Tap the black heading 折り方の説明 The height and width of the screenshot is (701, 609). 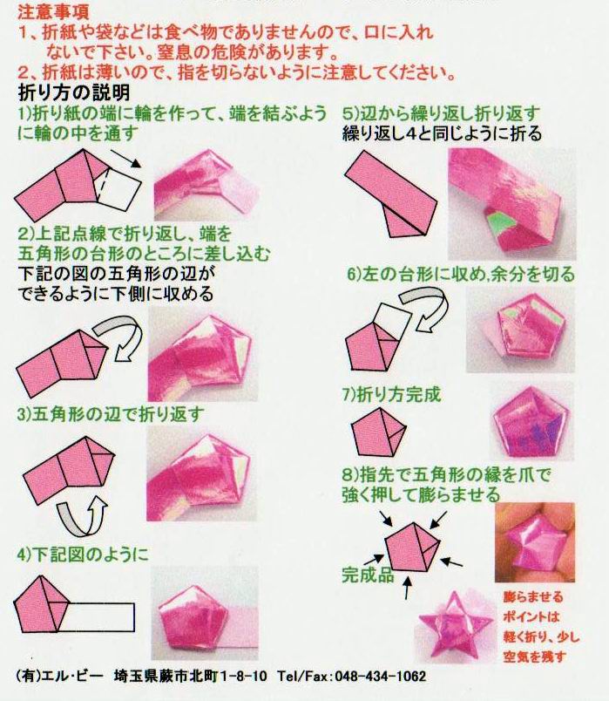click(74, 92)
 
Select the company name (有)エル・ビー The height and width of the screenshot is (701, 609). click(59, 676)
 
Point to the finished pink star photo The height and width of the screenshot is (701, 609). click(455, 626)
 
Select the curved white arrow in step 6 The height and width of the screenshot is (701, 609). click(424, 309)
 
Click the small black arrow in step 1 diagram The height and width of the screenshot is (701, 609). click(125, 159)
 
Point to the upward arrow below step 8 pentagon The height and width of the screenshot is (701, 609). click(407, 587)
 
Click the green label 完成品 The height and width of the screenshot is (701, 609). click(368, 575)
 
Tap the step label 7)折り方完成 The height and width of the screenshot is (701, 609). click(391, 394)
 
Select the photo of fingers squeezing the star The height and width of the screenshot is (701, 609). click(534, 541)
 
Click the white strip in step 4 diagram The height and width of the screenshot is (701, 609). click(99, 617)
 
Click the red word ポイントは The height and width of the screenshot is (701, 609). click(531, 616)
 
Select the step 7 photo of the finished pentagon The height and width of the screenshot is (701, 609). click(531, 421)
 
